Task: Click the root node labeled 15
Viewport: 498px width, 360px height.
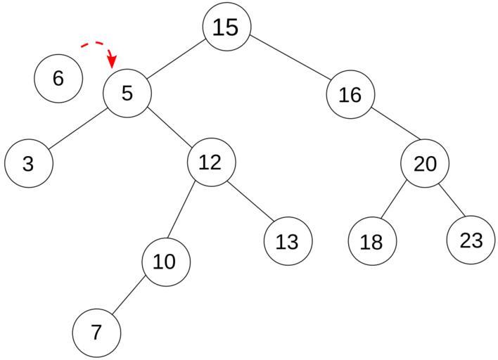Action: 226,27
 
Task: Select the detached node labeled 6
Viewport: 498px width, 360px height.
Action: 58,79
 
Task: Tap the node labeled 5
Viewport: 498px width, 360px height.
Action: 127,94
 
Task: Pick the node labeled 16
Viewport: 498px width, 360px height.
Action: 350,94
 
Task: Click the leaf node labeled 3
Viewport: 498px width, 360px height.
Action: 29,163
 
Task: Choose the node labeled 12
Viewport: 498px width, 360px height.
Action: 212,162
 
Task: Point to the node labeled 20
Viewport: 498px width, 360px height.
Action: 425,163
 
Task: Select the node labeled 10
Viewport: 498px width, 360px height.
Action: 166,262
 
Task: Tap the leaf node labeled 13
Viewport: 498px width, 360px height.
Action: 288,241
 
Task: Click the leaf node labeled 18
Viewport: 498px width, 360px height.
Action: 372,241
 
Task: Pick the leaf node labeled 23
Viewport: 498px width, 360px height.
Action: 471,240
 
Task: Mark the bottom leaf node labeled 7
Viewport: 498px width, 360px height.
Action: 96,333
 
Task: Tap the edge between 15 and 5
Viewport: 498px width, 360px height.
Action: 175,59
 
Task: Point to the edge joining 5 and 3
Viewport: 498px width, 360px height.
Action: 78,128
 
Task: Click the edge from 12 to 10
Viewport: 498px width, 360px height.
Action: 181,210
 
